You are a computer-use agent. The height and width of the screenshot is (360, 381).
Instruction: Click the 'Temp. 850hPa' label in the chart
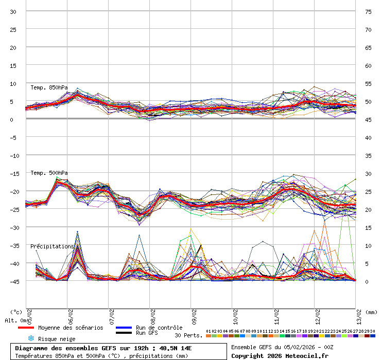tap(49, 87)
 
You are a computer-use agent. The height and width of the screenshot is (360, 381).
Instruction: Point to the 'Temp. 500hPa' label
tap(49, 173)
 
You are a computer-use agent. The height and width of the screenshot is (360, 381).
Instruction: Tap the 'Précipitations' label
tap(52, 246)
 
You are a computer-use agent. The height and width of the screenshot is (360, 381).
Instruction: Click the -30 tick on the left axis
tap(13, 227)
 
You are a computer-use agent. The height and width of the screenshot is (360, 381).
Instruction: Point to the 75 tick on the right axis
tap(368, 12)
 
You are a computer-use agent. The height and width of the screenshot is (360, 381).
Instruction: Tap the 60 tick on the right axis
tap(368, 66)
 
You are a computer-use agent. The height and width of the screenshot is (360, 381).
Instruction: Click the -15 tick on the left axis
tap(13, 173)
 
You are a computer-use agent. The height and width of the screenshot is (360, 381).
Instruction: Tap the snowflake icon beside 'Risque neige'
tap(30, 338)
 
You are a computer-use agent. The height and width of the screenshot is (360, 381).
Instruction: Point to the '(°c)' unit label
tap(16, 312)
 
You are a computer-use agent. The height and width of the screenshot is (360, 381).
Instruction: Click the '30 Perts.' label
tap(188, 335)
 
